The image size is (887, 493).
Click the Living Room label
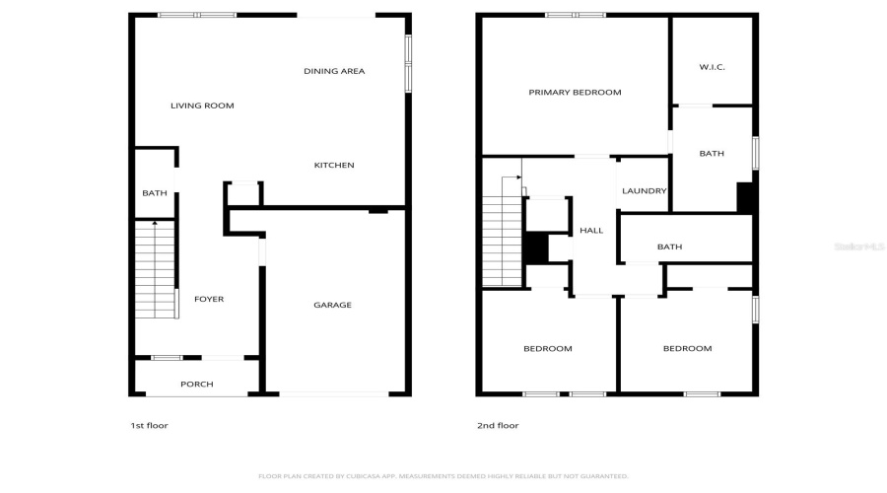click(202, 106)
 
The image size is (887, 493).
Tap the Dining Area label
click(334, 71)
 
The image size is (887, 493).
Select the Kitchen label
click(334, 165)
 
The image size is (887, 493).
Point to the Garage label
click(332, 305)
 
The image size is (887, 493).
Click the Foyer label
click(208, 299)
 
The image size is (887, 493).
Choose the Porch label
click(196, 384)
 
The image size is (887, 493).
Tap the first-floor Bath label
click(155, 193)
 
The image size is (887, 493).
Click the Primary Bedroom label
click(575, 93)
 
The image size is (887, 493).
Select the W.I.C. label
click(712, 67)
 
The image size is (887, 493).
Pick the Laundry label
click(645, 191)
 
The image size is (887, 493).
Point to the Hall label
click(591, 231)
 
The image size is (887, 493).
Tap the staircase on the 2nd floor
click(501, 237)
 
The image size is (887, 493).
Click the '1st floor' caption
click(151, 426)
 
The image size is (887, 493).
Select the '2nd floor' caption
click(498, 426)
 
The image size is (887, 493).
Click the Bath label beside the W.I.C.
click(712, 154)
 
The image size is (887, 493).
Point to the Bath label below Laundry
click(669, 247)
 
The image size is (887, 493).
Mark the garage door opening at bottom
click(334, 394)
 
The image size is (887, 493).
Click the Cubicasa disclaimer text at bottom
click(443, 475)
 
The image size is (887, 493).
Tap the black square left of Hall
click(535, 247)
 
